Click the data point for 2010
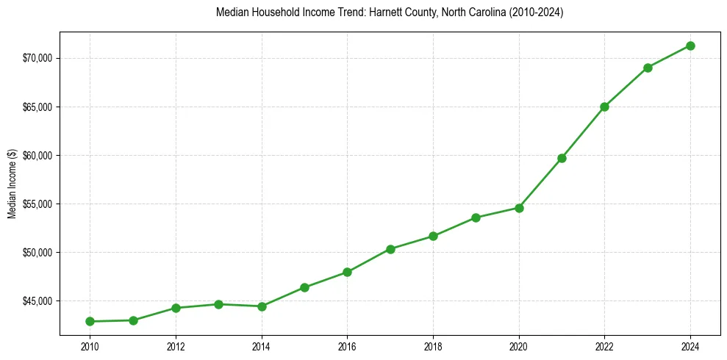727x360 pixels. coord(90,321)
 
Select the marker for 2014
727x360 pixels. coord(262,306)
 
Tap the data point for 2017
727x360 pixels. coord(390,249)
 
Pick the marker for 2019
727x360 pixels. coord(476,217)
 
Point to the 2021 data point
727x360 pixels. coord(562,158)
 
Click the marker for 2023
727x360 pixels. coord(648,68)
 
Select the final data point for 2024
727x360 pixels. coord(690,46)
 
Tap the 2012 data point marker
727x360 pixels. coord(176,308)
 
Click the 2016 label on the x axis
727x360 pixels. coord(347,345)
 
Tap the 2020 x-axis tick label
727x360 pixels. coord(519,345)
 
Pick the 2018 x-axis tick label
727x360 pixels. coord(433,345)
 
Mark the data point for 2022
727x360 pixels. coord(604,107)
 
